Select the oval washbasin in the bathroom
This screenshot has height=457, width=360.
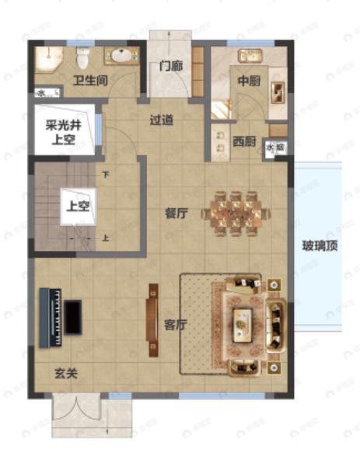[x=121, y=56]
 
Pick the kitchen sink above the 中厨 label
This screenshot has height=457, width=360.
[x=249, y=55]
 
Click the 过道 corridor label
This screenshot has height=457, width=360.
[x=161, y=120]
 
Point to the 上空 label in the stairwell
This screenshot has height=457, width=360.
[x=75, y=207]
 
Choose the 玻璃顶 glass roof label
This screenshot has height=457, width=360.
[x=320, y=248]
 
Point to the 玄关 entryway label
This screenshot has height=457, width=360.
[x=65, y=373]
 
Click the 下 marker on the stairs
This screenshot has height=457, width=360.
[x=103, y=174]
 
